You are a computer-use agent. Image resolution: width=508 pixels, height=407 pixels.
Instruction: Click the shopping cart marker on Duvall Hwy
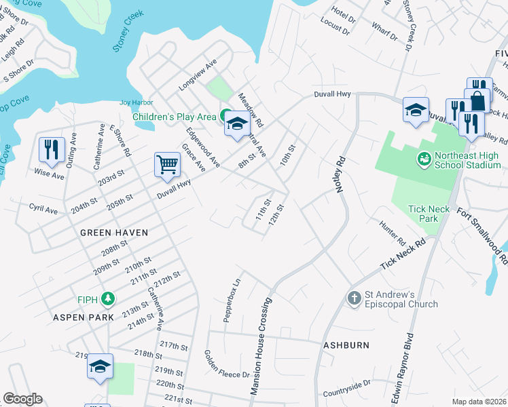pyautogui.click(x=167, y=164)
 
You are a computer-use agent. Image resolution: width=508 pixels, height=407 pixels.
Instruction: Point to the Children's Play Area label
pyautogui.click(x=173, y=117)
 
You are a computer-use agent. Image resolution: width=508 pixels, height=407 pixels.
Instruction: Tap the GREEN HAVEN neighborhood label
pyautogui.click(x=114, y=232)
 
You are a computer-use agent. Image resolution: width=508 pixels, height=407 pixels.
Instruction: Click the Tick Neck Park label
pyautogui.click(x=429, y=214)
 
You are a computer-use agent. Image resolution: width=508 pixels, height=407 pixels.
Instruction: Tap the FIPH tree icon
pyautogui.click(x=107, y=298)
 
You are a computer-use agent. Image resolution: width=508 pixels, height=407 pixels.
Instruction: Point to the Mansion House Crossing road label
pyautogui.click(x=261, y=345)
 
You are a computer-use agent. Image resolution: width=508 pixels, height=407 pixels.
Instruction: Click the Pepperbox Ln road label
pyautogui.click(x=232, y=299)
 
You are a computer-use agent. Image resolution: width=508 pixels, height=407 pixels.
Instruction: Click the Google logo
pyautogui.click(x=23, y=399)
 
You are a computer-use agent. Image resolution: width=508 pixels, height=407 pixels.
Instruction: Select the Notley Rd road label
pyautogui.click(x=342, y=174)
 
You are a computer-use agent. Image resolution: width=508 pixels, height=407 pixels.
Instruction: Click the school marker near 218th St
pyautogui.click(x=100, y=367)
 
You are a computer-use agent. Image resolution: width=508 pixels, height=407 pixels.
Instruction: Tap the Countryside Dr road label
pyautogui.click(x=346, y=388)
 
